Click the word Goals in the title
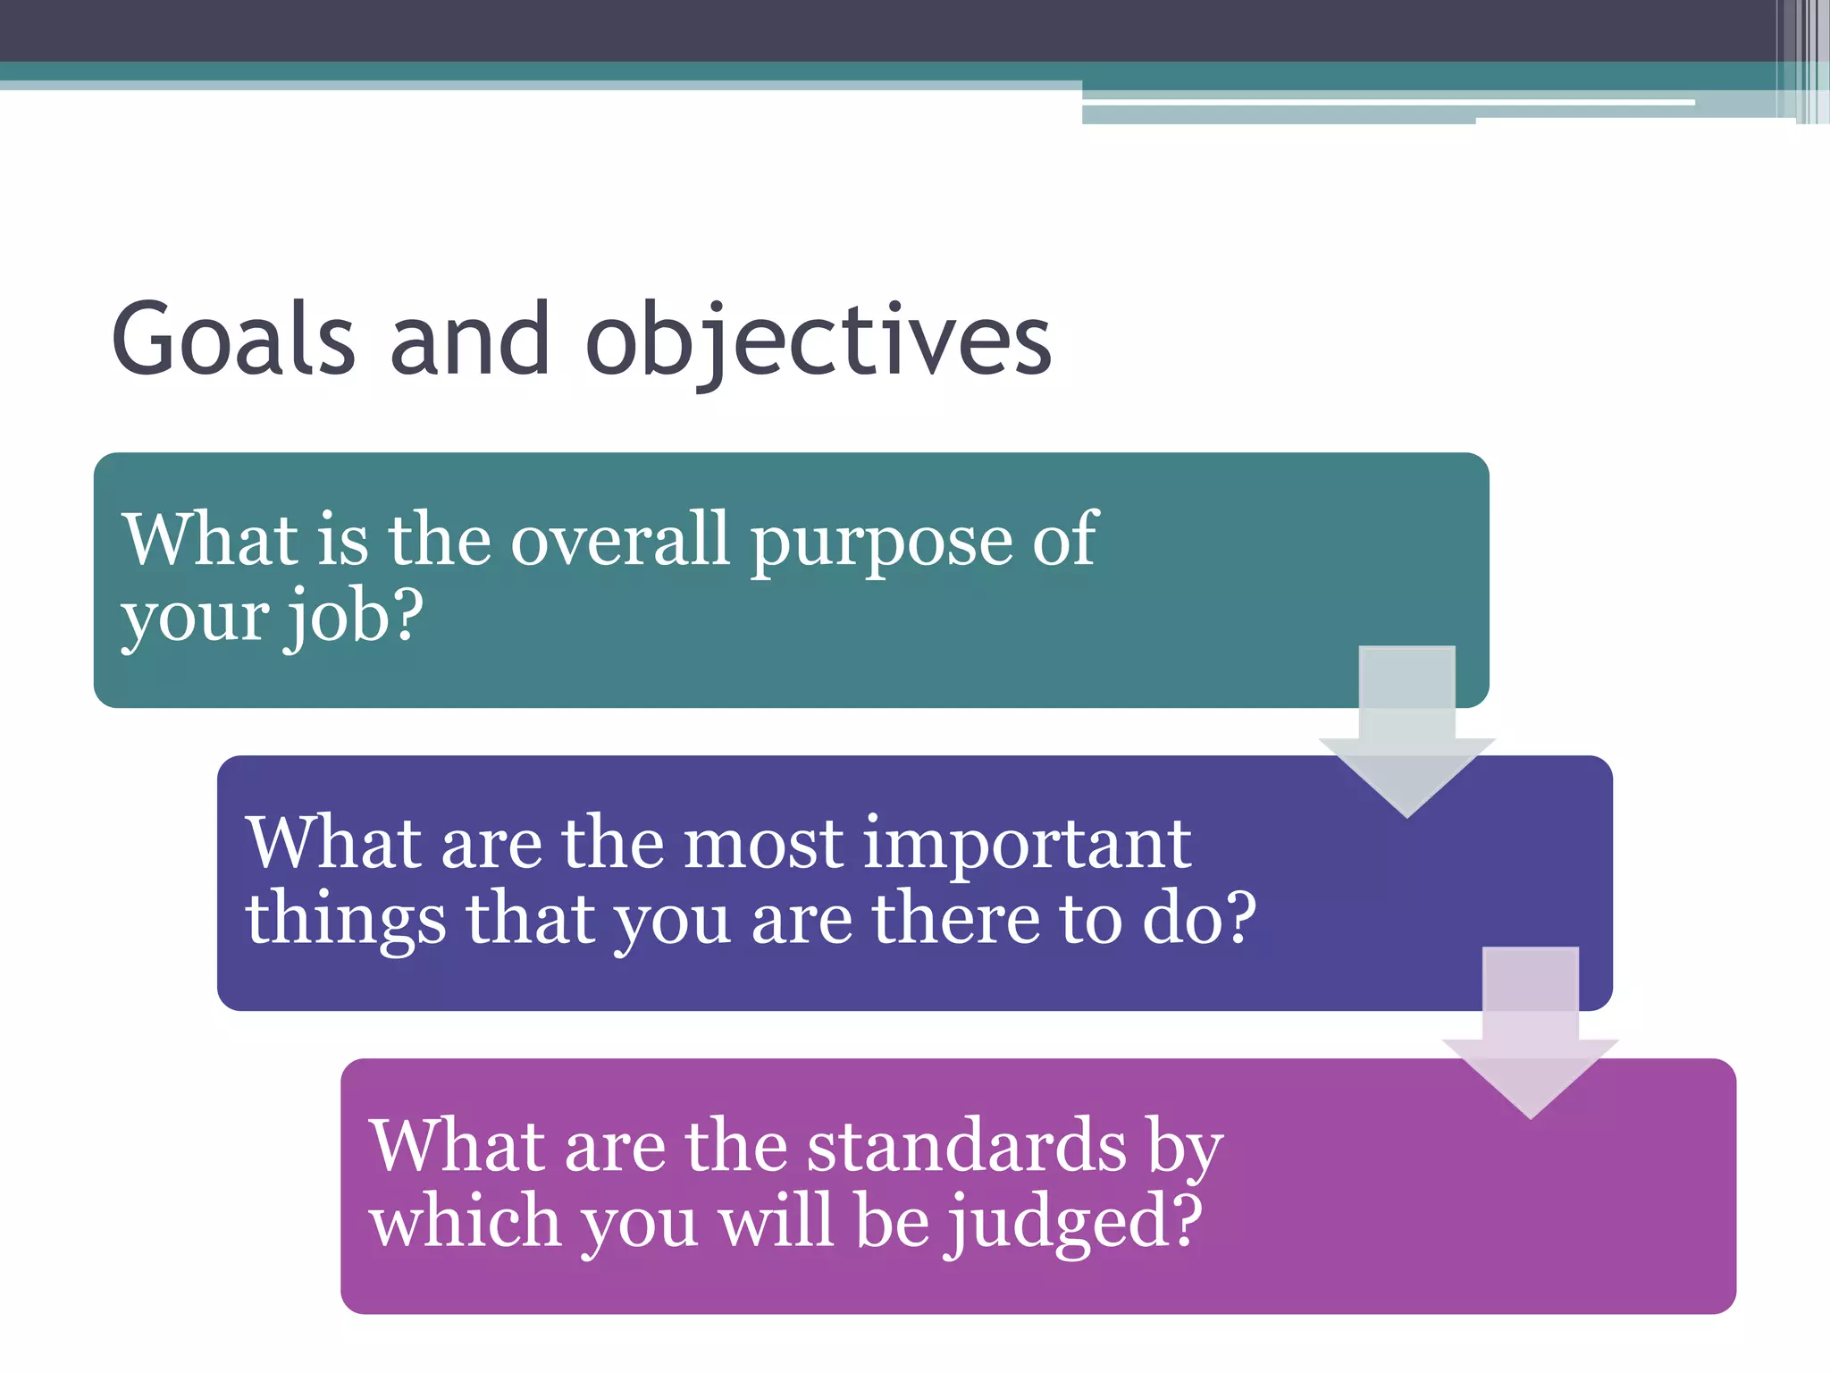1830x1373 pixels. point(234,340)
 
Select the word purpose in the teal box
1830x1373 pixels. point(881,542)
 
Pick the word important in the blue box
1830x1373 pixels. point(1027,844)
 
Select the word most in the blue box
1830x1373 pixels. point(763,844)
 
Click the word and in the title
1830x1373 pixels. point(470,340)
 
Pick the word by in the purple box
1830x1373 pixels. point(1185,1148)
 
